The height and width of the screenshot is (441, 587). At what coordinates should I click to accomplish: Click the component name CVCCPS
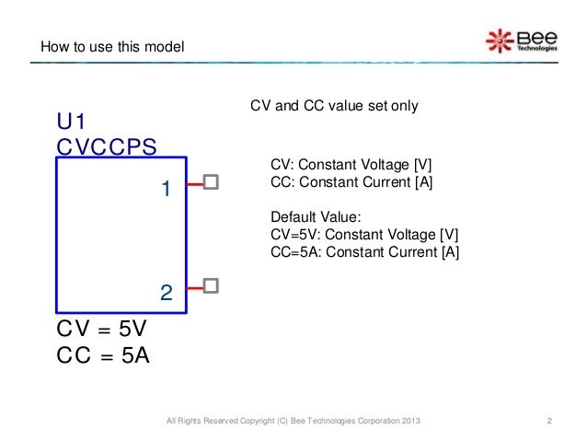pyautogui.click(x=106, y=147)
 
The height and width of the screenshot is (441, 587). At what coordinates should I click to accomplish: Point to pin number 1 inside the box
pyautogui.click(x=166, y=190)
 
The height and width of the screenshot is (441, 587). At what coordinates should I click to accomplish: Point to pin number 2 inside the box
pyautogui.click(x=166, y=294)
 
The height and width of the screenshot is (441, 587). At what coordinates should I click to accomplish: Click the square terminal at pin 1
pyautogui.click(x=211, y=182)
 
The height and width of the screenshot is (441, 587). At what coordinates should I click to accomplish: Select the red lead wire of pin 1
pyautogui.click(x=195, y=183)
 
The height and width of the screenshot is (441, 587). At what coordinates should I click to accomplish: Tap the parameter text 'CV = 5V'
pyautogui.click(x=102, y=330)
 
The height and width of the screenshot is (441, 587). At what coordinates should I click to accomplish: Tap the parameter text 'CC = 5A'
pyautogui.click(x=102, y=356)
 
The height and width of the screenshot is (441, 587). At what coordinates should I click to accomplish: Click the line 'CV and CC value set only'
pyautogui.click(x=334, y=107)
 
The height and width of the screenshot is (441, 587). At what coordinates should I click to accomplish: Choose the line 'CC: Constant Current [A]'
pyautogui.click(x=351, y=182)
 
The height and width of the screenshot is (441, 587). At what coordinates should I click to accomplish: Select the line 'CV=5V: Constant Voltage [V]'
pyautogui.click(x=364, y=235)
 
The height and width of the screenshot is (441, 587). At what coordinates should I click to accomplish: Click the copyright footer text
pyautogui.click(x=293, y=422)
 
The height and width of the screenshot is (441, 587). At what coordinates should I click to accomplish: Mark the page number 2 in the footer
pyautogui.click(x=548, y=422)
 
